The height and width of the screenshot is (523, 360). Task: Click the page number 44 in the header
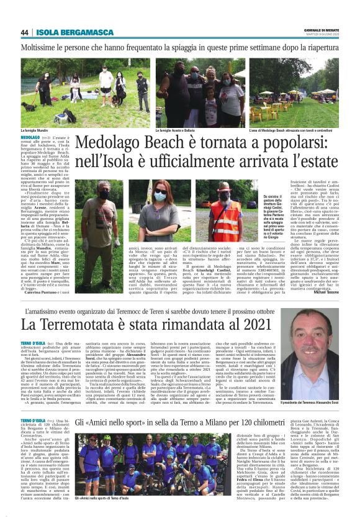tap(25, 33)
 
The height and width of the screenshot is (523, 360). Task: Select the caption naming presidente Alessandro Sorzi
tap(315, 385)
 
